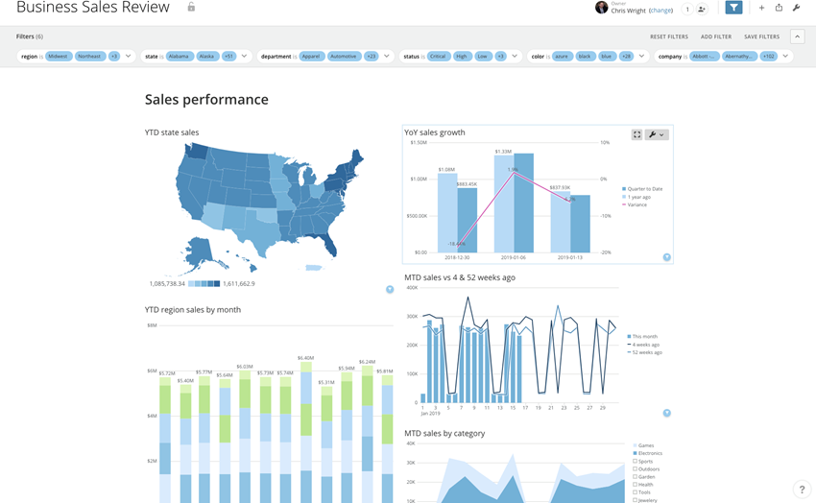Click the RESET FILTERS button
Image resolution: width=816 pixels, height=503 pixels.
pyautogui.click(x=668, y=36)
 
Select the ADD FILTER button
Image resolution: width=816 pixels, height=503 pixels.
pyautogui.click(x=716, y=36)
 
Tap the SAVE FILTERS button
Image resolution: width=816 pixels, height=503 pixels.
pyautogui.click(x=762, y=36)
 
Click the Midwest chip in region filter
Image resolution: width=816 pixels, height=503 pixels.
pyautogui.click(x=59, y=57)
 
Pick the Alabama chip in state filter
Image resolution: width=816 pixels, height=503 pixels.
pyautogui.click(x=179, y=57)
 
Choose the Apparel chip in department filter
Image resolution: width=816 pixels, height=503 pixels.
pyautogui.click(x=310, y=57)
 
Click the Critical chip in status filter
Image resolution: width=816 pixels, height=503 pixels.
pyautogui.click(x=438, y=57)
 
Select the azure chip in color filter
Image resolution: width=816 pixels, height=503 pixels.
pyautogui.click(x=563, y=57)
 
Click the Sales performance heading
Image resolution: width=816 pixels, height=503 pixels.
pyautogui.click(x=206, y=100)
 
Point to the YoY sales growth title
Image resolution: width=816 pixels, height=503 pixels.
pyautogui.click(x=435, y=132)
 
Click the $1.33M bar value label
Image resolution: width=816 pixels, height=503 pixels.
pyautogui.click(x=504, y=151)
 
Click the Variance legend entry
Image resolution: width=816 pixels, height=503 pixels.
pyautogui.click(x=637, y=204)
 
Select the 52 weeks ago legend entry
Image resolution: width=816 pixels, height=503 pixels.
pyautogui.click(x=646, y=352)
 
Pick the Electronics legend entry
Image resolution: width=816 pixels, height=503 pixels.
pyautogui.click(x=650, y=453)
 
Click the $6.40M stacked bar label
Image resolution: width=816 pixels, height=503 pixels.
pyautogui.click(x=305, y=358)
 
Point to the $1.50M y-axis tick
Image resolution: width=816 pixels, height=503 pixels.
pyautogui.click(x=419, y=142)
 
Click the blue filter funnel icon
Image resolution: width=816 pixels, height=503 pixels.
pyautogui.click(x=733, y=9)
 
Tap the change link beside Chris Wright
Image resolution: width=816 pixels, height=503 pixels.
pyautogui.click(x=660, y=11)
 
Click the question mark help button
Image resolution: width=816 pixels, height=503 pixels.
pyautogui.click(x=802, y=490)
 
